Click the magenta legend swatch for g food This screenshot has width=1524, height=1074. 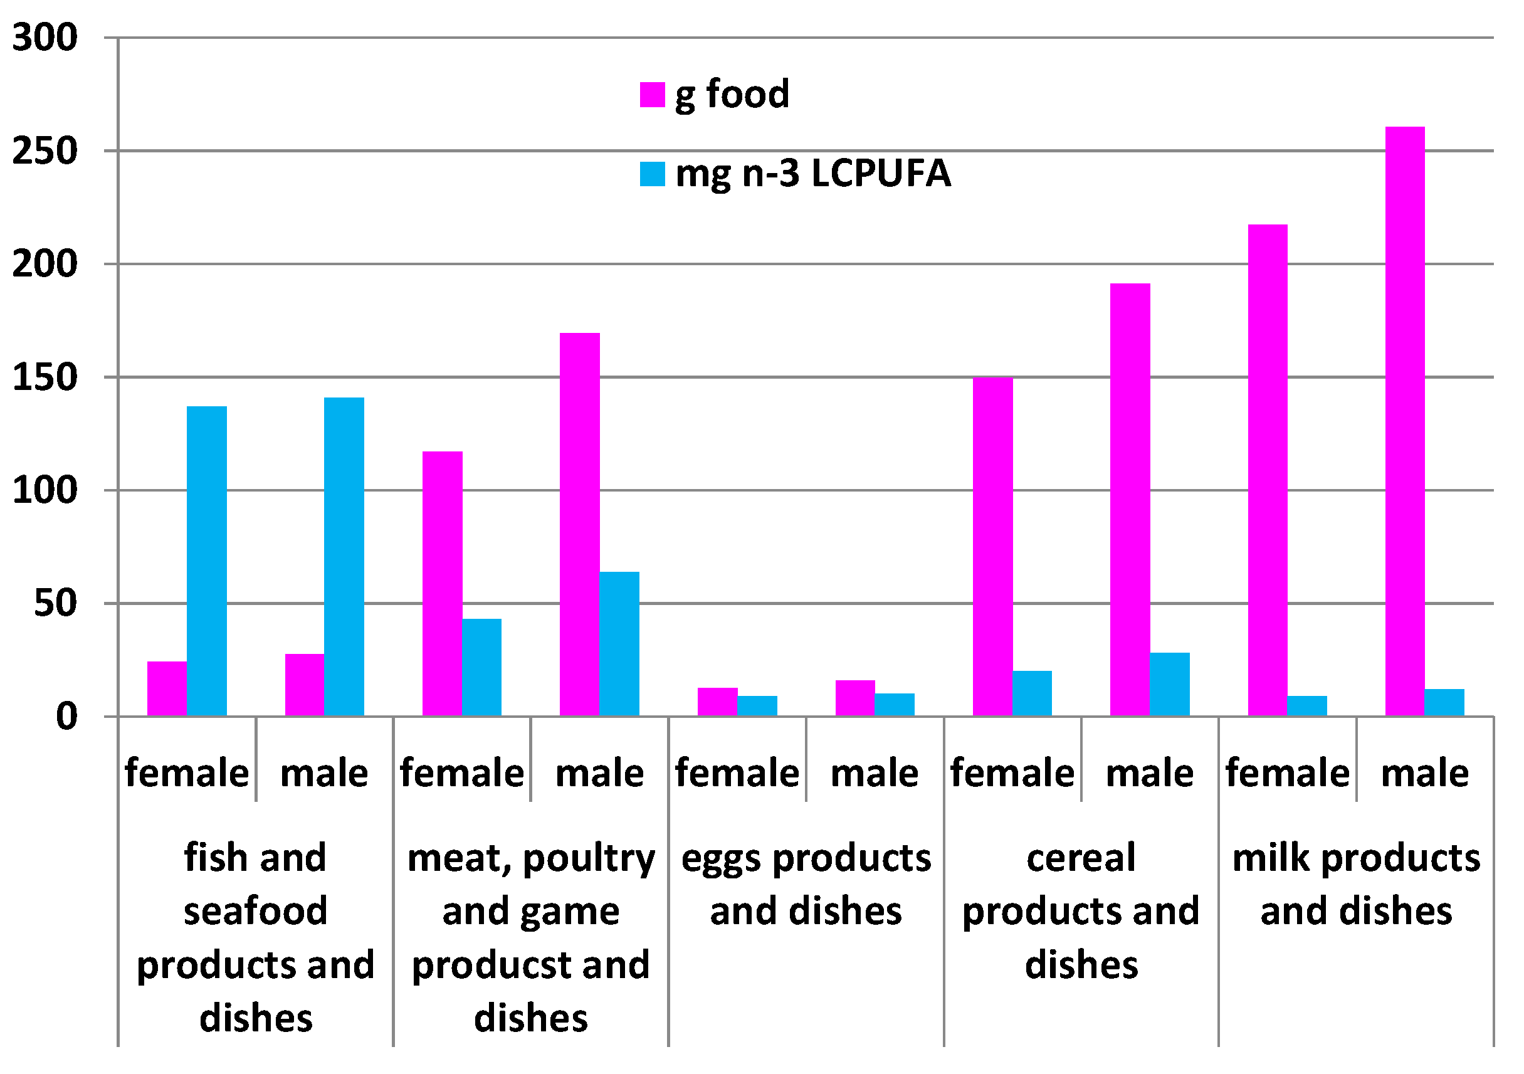652,95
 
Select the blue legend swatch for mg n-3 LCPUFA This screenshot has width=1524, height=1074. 652,174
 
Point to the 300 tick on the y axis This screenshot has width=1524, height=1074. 45,37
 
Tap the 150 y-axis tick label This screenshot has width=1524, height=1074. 45,377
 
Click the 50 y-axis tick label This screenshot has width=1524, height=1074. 56,604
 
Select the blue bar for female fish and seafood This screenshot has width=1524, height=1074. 206,562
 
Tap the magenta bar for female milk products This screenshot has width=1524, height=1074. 1267,471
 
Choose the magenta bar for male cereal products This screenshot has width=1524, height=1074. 1130,500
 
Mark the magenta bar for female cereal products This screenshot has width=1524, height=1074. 992,547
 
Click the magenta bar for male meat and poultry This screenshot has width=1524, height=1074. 579,524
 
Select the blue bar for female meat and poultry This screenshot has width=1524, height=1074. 481,667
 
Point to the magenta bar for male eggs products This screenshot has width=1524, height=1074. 855,698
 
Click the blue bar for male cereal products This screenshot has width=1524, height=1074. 1170,685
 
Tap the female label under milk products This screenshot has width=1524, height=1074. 1287,772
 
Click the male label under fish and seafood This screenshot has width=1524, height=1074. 324,772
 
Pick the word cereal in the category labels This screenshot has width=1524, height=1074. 1081,858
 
